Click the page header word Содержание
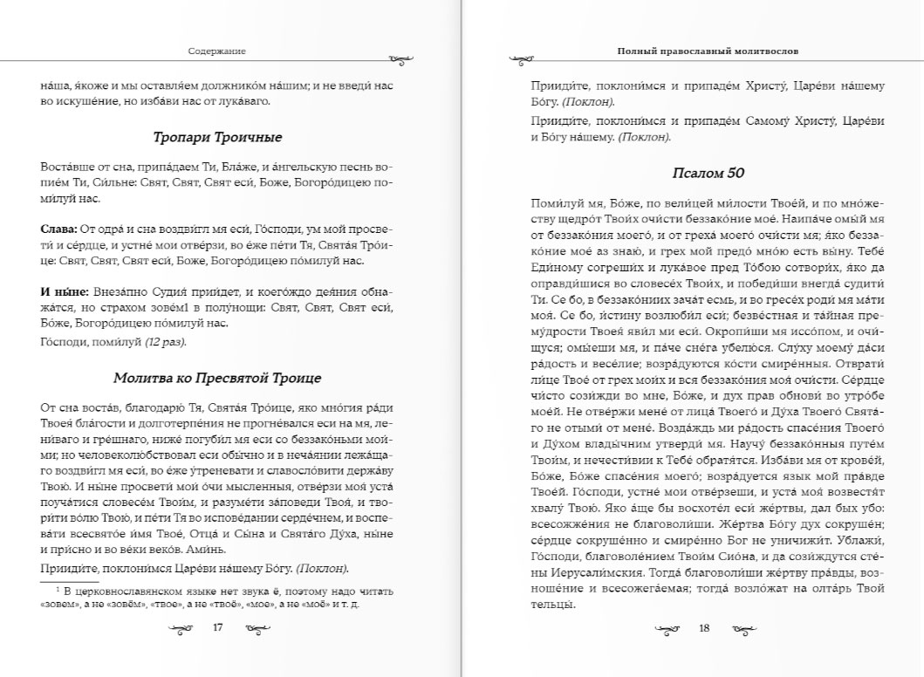point(217,51)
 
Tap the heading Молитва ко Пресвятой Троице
point(217,378)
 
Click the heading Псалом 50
point(708,173)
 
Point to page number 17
point(218,626)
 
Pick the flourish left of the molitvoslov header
point(521,59)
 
